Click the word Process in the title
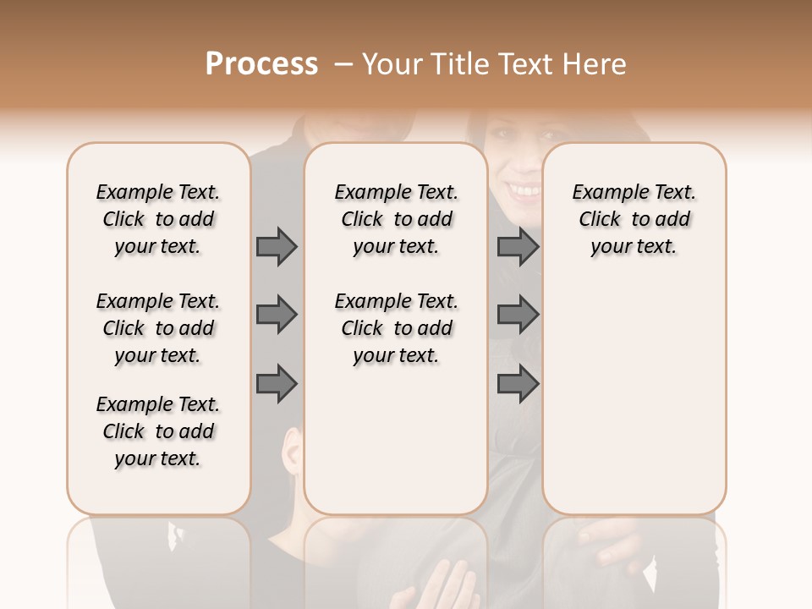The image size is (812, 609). (x=261, y=63)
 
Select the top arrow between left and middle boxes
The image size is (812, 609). (x=277, y=247)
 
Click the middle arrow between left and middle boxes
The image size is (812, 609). (x=277, y=315)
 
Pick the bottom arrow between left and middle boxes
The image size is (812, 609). (x=277, y=384)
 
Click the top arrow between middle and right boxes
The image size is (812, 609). (x=518, y=247)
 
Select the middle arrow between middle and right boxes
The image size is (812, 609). (x=518, y=315)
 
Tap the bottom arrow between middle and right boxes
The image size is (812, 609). (x=518, y=384)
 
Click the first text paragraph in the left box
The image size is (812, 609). (x=158, y=219)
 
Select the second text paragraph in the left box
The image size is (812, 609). (x=158, y=328)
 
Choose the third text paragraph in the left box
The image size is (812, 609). (x=158, y=431)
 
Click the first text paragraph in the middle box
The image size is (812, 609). (x=396, y=219)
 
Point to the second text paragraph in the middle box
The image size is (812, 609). (x=396, y=328)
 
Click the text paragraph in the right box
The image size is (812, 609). (x=634, y=219)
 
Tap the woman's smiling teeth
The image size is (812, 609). (x=523, y=190)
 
